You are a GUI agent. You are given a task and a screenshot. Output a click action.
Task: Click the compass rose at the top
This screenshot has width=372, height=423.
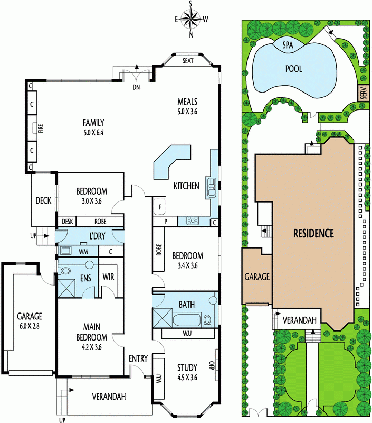[191, 19]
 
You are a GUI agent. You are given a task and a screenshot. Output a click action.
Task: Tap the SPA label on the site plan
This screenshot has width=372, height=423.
[288, 45]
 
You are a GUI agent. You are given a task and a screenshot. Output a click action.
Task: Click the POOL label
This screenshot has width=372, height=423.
[293, 69]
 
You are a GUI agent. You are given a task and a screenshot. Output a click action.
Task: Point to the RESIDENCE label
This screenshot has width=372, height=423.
[313, 233]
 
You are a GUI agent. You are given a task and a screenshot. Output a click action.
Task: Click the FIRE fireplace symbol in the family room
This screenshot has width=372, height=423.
[35, 128]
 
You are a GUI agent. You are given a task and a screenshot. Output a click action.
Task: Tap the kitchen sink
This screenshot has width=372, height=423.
[211, 187]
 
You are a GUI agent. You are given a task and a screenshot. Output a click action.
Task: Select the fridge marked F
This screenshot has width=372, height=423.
[159, 207]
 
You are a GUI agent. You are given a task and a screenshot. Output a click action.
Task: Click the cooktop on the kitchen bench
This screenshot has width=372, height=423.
[192, 220]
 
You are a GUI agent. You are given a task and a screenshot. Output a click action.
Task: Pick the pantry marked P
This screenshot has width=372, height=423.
[165, 222]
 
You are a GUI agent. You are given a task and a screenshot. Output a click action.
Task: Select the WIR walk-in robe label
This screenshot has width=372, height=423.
[108, 277]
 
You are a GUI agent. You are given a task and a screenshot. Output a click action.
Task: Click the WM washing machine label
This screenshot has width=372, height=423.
[83, 252]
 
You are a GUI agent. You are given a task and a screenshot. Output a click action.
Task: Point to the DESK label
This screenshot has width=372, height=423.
[68, 222]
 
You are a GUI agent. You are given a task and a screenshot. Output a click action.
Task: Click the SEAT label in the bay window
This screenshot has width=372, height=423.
[188, 61]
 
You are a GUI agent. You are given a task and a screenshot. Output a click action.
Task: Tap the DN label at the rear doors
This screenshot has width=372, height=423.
[137, 87]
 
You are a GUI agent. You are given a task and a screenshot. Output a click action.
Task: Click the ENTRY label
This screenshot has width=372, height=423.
[138, 358]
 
